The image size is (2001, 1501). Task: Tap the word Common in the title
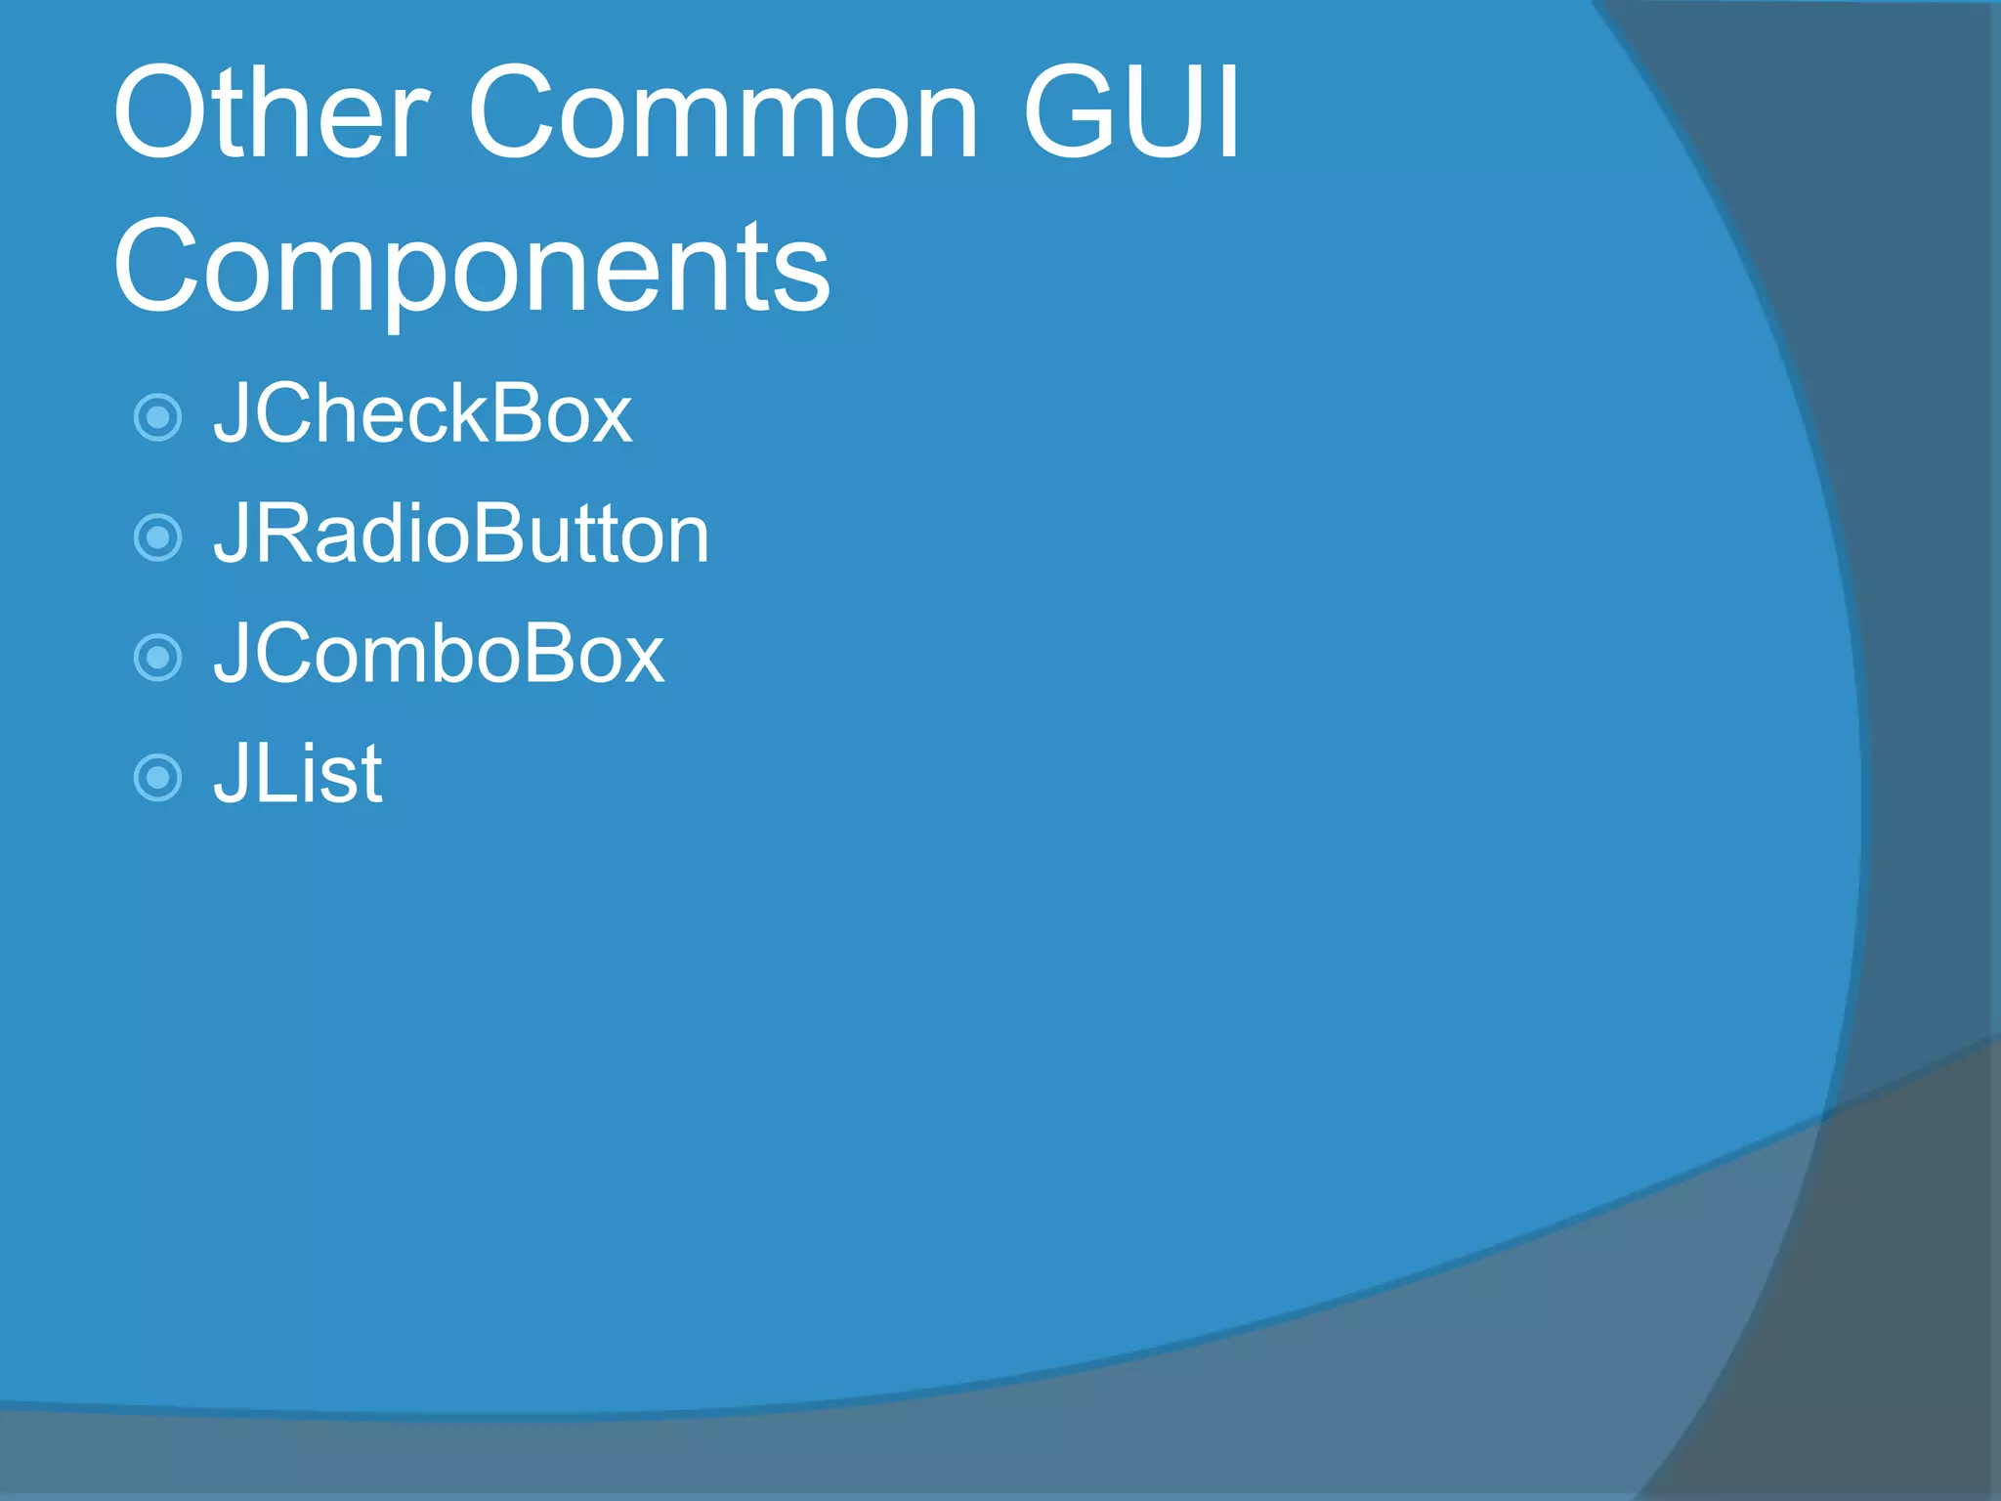pos(723,112)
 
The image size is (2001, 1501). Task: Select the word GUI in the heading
pos(1131,112)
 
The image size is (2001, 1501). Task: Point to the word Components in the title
pos(472,267)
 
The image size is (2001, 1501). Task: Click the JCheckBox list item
pos(423,415)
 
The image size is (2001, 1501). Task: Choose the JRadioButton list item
pos(461,535)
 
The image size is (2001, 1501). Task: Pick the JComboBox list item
pos(439,655)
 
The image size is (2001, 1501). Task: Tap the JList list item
pos(298,774)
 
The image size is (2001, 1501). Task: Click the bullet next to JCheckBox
pos(157,417)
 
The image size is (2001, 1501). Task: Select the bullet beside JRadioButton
pos(157,537)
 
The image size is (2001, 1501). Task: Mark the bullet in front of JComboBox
pos(157,658)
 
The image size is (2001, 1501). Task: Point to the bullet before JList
pos(157,778)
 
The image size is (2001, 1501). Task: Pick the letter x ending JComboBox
pos(641,657)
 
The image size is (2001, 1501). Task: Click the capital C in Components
pos(160,267)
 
